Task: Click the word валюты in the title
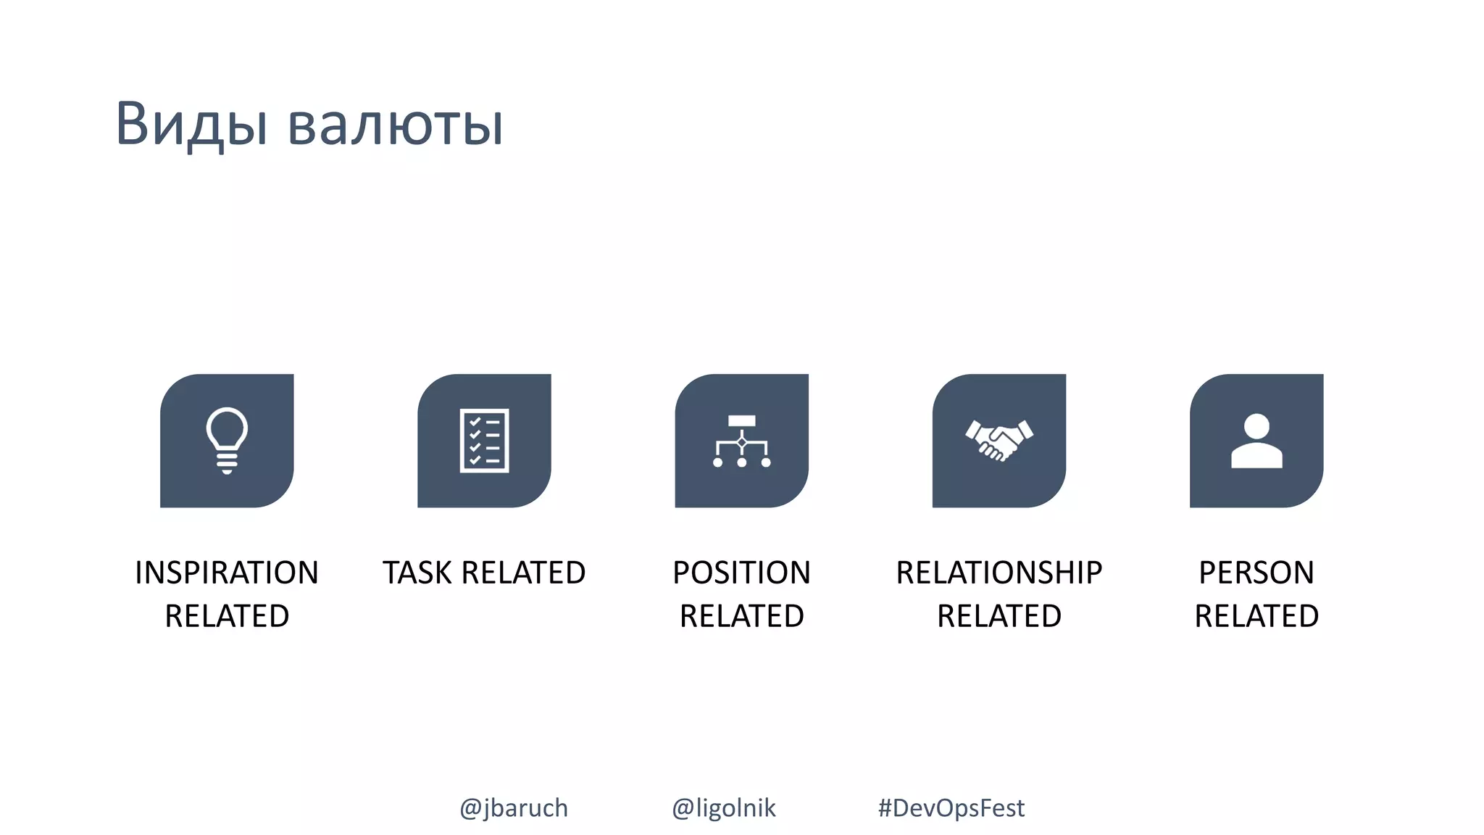[395, 125]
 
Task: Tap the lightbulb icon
[227, 441]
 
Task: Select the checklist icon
[484, 441]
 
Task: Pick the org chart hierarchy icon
[741, 441]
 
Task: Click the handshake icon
[999, 441]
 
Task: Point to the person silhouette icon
[1256, 441]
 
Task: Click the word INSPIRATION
[227, 573]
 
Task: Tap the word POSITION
[741, 573]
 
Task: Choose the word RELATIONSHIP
[999, 573]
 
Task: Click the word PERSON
[1256, 573]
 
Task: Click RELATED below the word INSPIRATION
[227, 616]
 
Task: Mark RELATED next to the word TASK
[523, 573]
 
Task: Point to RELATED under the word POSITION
[741, 616]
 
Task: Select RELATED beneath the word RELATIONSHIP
[999, 616]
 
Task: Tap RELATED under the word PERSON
[1256, 616]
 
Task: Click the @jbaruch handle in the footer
[514, 807]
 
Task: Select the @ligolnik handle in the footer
[723, 807]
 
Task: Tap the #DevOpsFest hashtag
[951, 807]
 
